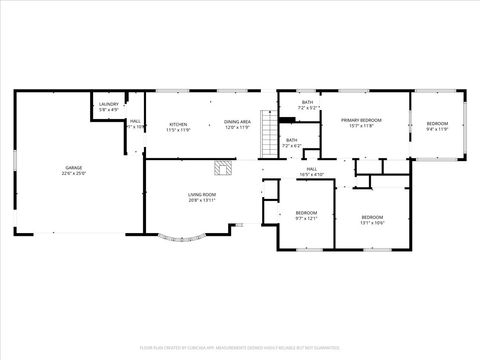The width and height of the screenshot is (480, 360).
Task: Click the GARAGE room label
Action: [74, 168]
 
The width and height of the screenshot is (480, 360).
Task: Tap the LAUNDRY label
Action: [109, 104]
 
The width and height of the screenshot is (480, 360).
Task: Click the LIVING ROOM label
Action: [202, 194]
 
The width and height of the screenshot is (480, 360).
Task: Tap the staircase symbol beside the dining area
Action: [267, 132]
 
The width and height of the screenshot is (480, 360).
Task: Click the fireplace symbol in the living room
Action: [226, 167]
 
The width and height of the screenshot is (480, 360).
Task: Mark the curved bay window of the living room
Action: [183, 238]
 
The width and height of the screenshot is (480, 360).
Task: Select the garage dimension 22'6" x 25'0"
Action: [74, 174]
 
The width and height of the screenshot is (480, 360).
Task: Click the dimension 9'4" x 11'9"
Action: [438, 129]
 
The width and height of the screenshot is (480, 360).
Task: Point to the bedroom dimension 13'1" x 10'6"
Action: [372, 223]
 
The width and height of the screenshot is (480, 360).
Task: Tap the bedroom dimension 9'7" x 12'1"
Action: [306, 218]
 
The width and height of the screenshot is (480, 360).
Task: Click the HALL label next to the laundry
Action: [134, 121]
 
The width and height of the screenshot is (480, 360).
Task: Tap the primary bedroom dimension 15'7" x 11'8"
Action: [361, 127]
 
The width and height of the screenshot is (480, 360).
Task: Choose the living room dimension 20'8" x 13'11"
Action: [202, 200]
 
